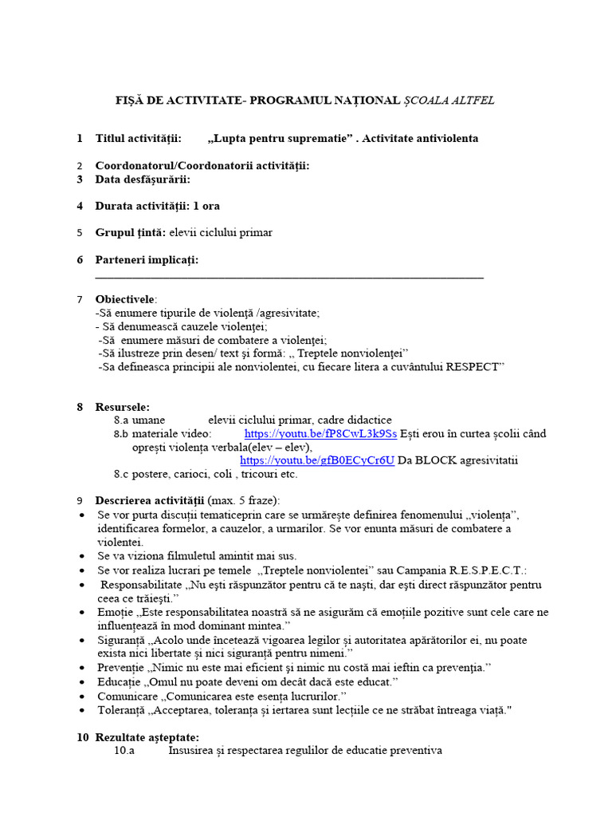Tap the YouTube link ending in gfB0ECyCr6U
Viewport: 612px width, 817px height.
(316, 460)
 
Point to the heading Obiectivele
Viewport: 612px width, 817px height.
(126, 299)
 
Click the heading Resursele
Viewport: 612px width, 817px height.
(122, 407)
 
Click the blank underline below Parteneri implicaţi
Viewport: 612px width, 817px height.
(288, 276)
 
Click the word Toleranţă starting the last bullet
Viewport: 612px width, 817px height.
(122, 710)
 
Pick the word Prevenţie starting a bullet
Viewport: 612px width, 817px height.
(120, 666)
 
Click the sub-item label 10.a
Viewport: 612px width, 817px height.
(125, 751)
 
